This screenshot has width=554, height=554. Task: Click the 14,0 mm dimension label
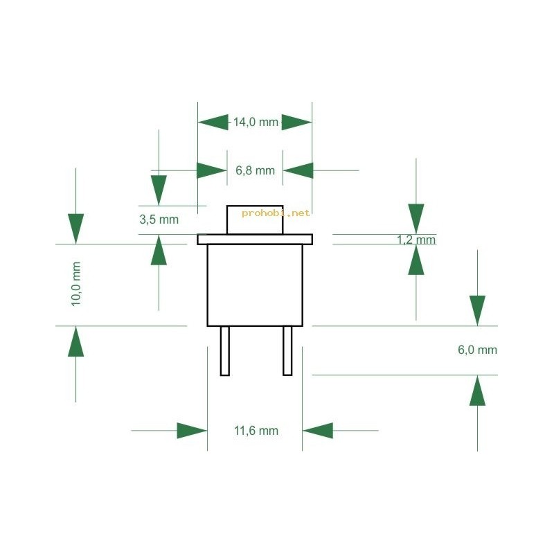click(x=256, y=123)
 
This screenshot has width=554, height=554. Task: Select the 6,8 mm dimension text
click(x=255, y=170)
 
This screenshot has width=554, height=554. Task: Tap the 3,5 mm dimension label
click(x=159, y=220)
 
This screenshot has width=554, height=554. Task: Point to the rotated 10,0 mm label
click(x=76, y=284)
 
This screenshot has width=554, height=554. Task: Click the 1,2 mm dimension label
click(x=416, y=240)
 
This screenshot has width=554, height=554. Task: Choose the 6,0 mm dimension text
click(x=477, y=350)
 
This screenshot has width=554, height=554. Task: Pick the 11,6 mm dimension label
click(x=256, y=431)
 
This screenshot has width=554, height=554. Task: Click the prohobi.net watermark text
click(x=276, y=213)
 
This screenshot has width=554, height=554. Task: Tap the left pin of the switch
click(x=224, y=350)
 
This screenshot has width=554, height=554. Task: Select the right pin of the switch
click(x=287, y=350)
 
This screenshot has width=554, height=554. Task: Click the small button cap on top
click(x=255, y=220)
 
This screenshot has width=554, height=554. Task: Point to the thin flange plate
click(x=255, y=239)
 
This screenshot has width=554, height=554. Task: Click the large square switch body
click(x=255, y=285)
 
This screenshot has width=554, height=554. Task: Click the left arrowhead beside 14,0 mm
click(x=213, y=123)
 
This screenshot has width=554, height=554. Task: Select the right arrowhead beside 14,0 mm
click(x=297, y=123)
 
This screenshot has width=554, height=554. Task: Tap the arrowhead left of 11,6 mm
click(x=192, y=431)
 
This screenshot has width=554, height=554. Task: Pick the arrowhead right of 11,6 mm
click(x=318, y=431)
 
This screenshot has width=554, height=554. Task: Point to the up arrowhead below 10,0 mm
click(x=76, y=341)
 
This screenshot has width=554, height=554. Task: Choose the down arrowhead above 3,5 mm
click(x=159, y=190)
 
